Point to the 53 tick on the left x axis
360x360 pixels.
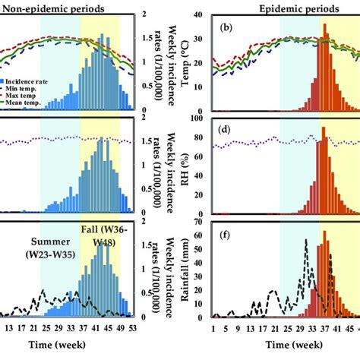(x=133, y=327)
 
